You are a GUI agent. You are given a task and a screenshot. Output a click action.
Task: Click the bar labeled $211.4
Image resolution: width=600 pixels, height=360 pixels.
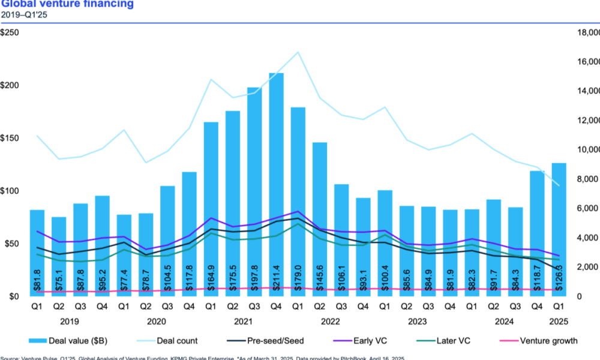277,180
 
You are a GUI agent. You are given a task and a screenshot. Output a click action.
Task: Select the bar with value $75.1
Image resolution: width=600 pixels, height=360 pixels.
59,252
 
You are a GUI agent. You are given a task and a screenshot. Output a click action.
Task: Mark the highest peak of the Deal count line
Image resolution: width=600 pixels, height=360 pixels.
298,52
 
